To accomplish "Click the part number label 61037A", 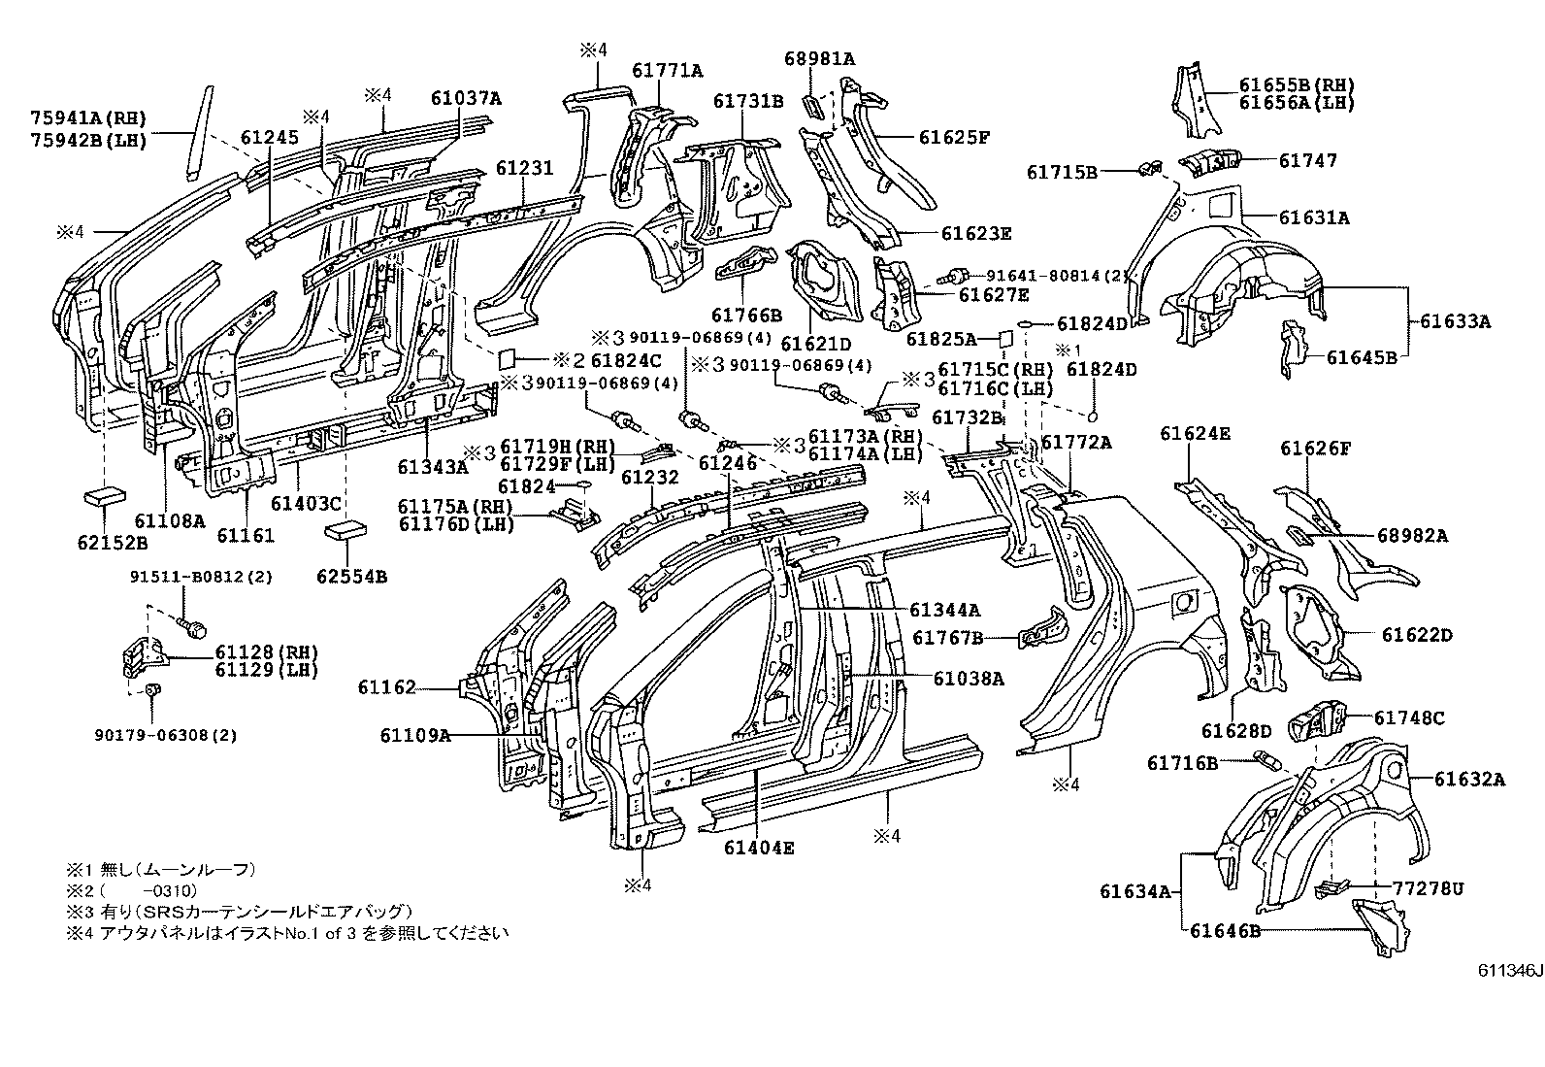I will pyautogui.click(x=467, y=98).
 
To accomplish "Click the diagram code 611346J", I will pyautogui.click(x=1509, y=972).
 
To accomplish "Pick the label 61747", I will pyautogui.click(x=1307, y=160).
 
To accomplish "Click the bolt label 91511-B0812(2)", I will pyautogui.click(x=201, y=577).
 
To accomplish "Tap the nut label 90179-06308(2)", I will pyautogui.click(x=182, y=735).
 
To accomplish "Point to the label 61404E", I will pyautogui.click(x=758, y=848).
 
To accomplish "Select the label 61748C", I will pyautogui.click(x=1409, y=717).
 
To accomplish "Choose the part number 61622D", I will pyautogui.click(x=1417, y=635).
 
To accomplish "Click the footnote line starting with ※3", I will pyautogui.click(x=239, y=911).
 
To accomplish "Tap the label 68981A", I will pyautogui.click(x=819, y=58).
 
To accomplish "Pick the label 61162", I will pyautogui.click(x=386, y=687).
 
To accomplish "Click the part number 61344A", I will pyautogui.click(x=944, y=610).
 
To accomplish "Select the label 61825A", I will pyautogui.click(x=941, y=339).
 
